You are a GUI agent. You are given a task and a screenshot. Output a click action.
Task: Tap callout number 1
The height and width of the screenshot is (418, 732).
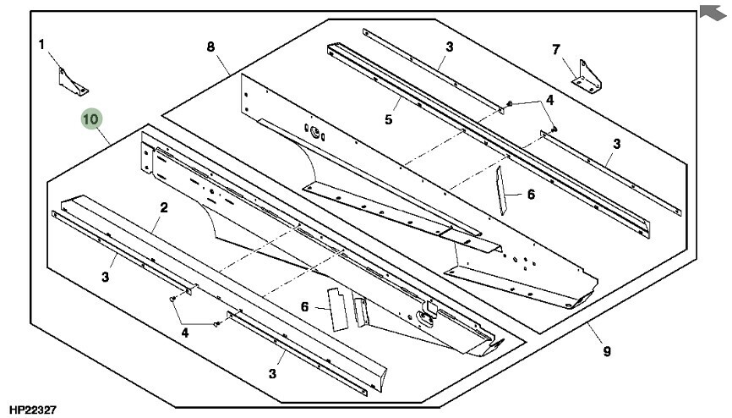[x=41, y=44]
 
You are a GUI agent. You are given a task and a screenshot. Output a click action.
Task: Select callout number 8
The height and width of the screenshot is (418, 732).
[x=210, y=47]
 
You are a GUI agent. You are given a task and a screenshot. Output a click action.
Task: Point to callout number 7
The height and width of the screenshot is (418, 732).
[x=555, y=50]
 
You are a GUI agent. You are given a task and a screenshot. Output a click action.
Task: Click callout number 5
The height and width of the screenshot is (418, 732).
[x=388, y=119]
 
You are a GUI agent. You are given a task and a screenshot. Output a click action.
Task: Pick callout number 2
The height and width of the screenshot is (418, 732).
[x=164, y=207]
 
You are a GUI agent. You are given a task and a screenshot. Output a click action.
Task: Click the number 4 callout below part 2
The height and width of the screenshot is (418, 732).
[x=184, y=333]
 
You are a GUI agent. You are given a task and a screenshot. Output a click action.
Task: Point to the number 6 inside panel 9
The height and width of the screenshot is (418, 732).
[x=531, y=195]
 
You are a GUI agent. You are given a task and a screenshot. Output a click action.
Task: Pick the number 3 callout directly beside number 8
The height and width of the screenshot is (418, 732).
[x=449, y=47]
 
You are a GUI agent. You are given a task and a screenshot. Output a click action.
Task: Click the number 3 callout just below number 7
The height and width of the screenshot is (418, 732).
[x=617, y=145]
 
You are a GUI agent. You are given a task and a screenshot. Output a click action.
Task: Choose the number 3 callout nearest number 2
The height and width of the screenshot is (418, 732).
[x=105, y=277]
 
